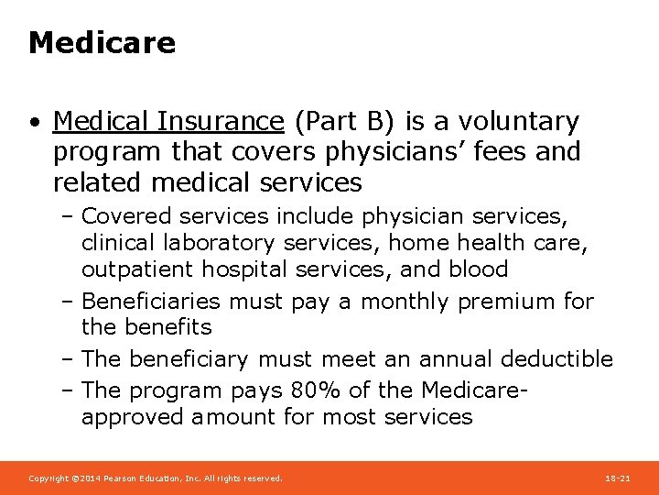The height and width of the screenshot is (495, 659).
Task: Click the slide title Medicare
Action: [x=102, y=43]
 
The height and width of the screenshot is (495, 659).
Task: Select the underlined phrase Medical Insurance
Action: [x=168, y=121]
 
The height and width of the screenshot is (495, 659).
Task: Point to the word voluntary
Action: [x=518, y=121]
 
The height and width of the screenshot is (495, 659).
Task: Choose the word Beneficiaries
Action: [x=151, y=302]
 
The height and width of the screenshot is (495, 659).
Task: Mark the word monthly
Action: [x=399, y=302]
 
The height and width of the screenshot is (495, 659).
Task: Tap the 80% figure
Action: [x=316, y=390]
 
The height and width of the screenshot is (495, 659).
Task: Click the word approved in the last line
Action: [x=133, y=418]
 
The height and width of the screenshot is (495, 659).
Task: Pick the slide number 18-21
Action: [x=618, y=478]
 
